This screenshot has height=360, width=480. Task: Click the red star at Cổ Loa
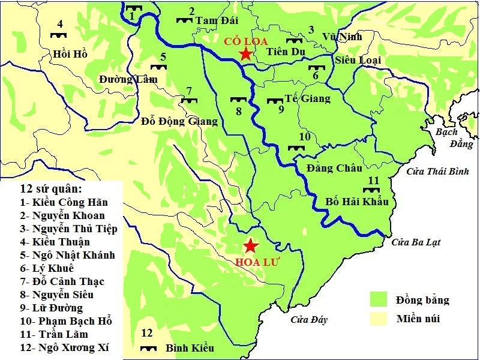point(245,55)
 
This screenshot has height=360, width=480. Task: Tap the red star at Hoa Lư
point(251,246)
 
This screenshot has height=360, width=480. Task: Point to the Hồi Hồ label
point(70,54)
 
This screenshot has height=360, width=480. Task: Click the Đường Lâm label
point(128,79)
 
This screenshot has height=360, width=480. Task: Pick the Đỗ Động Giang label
point(179,121)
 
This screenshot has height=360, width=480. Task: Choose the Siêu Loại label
point(356,60)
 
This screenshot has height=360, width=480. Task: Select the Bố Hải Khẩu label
point(357,202)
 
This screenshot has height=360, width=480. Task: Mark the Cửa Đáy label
point(309,320)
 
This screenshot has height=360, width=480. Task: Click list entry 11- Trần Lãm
point(55,334)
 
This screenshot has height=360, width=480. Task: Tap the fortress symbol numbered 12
point(148,347)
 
